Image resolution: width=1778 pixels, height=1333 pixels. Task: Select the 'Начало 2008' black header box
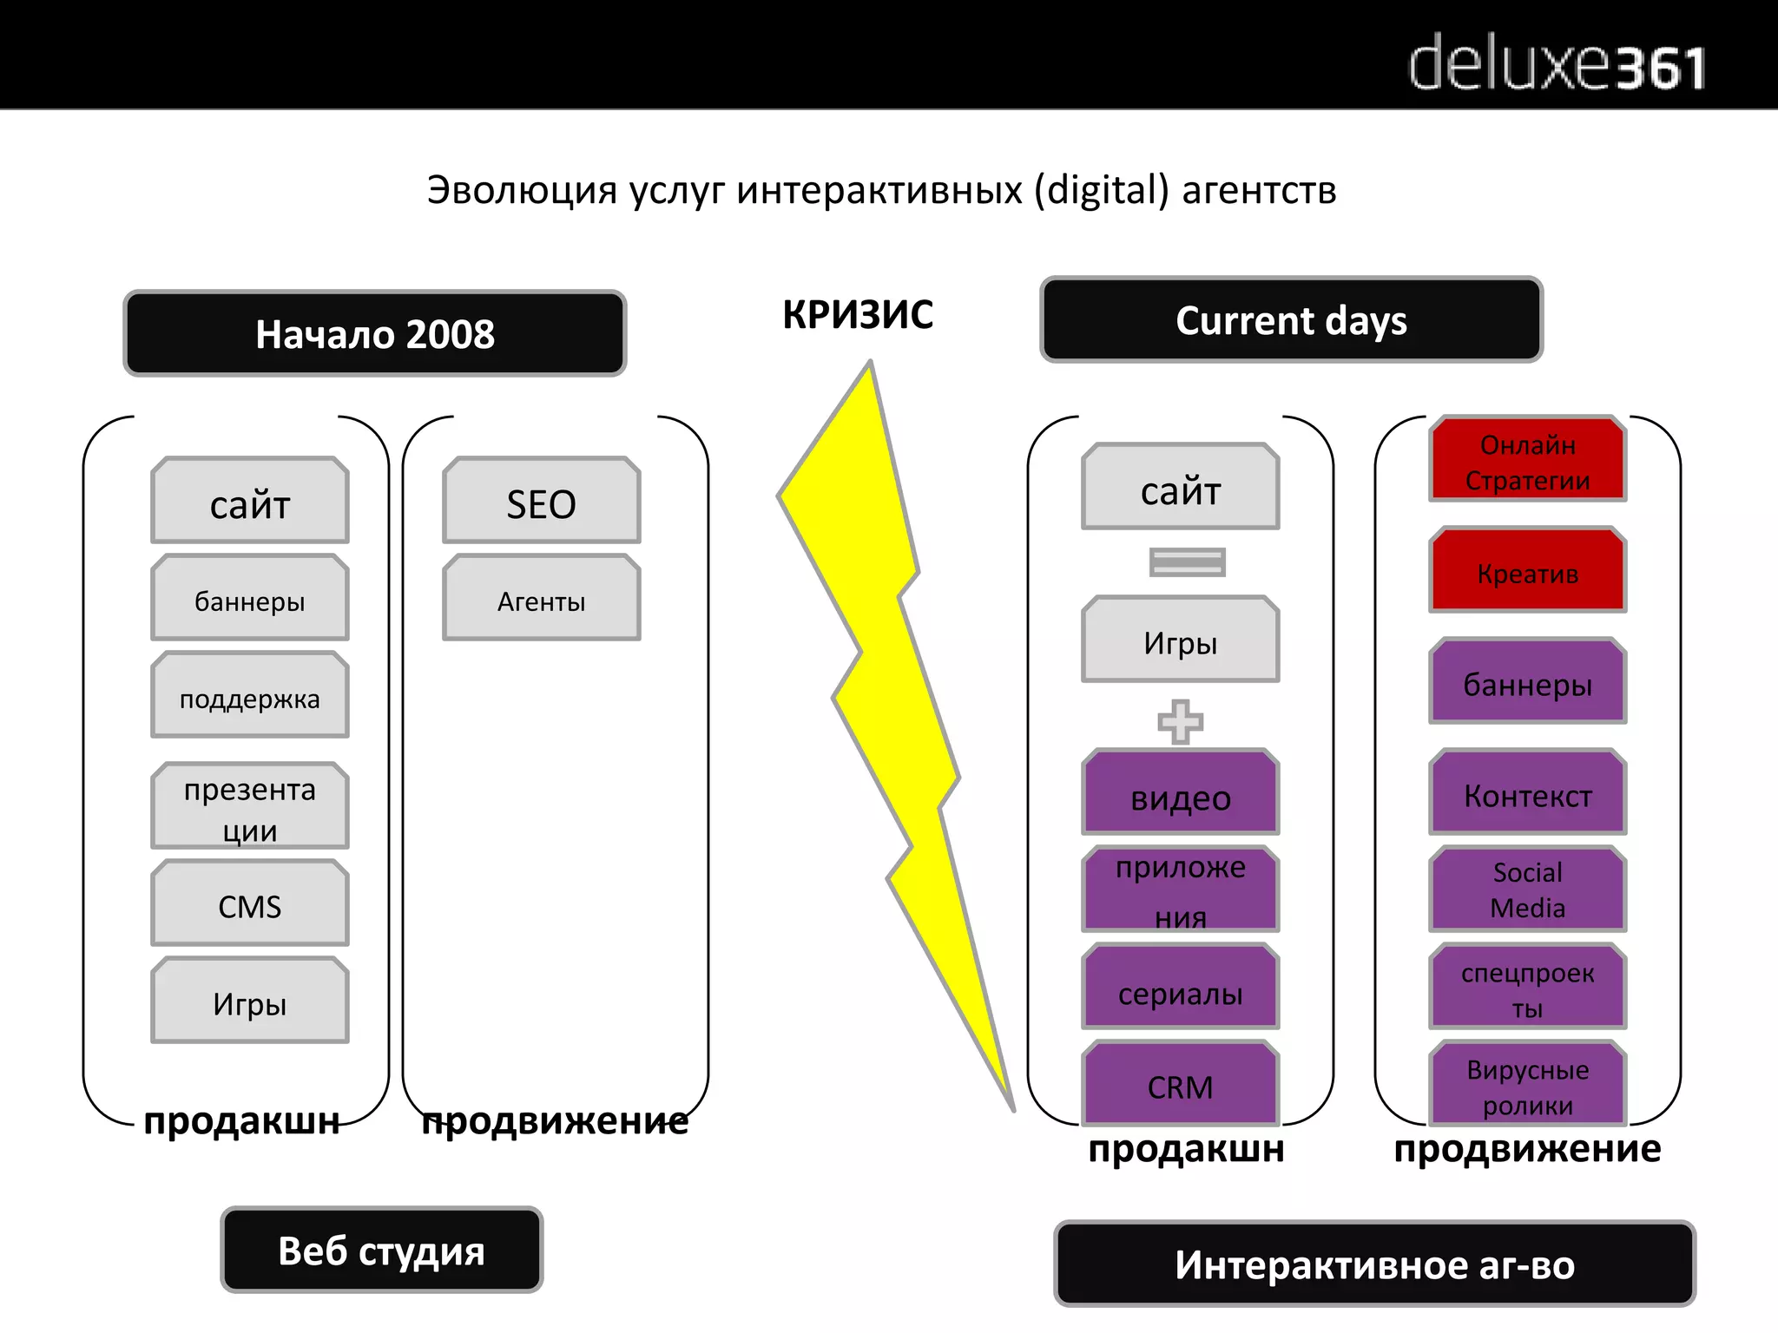[x=374, y=334]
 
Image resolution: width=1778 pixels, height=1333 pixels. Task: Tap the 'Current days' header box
[x=1291, y=320]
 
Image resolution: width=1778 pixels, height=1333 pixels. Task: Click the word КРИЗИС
[x=858, y=314]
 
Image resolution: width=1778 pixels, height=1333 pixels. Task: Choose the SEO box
[x=541, y=502]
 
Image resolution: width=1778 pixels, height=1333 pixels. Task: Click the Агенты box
[x=541, y=599]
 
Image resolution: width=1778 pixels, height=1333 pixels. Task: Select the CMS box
[x=250, y=904]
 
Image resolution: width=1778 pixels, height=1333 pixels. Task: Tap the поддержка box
[x=250, y=696]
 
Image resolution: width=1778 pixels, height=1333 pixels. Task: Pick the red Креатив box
[x=1527, y=571]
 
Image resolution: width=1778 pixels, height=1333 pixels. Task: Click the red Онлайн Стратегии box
[x=1527, y=460]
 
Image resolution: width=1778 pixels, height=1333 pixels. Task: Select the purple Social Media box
[x=1527, y=889]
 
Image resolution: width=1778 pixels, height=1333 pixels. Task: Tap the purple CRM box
[x=1180, y=1085]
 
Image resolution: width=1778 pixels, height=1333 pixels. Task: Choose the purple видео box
[x=1180, y=794]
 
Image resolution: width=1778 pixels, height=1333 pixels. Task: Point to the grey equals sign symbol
[x=1187, y=561]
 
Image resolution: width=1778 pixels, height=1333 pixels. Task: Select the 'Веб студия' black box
[x=381, y=1251]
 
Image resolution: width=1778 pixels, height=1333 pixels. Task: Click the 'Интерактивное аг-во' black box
[x=1373, y=1264]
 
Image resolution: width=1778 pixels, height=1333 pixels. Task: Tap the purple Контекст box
[x=1527, y=794]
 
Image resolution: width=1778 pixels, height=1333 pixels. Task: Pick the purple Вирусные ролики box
[x=1527, y=1085]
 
